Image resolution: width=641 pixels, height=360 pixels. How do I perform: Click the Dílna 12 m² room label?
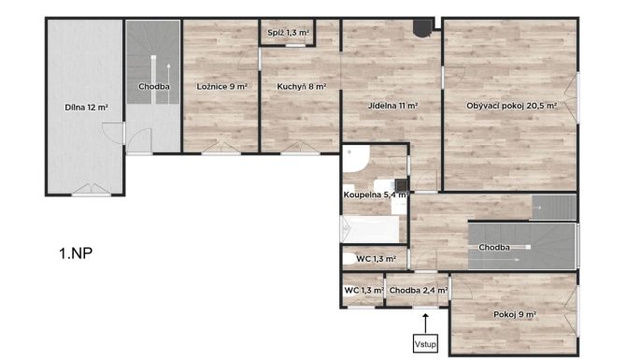tap(86, 108)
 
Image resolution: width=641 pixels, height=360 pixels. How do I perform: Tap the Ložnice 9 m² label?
tap(222, 87)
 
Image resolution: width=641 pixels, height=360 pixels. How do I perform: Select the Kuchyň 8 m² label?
tap(302, 87)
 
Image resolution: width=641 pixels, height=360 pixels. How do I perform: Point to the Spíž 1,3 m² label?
tap(288, 33)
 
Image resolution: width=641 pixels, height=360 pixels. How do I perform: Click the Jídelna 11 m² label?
tap(392, 106)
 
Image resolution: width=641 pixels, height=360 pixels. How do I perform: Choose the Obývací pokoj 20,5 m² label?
tap(511, 106)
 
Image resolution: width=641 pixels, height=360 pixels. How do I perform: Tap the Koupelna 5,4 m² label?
tap(376, 194)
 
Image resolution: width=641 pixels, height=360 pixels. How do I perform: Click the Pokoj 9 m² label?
tap(515, 314)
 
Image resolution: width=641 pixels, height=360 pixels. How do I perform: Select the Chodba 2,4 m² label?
tap(419, 291)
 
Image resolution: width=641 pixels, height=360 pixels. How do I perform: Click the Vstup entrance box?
tap(425, 344)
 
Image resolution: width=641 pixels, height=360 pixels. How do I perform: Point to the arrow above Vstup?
tap(425, 324)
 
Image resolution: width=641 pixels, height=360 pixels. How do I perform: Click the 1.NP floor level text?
tap(76, 253)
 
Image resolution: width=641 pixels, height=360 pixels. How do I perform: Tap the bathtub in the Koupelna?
tap(370, 229)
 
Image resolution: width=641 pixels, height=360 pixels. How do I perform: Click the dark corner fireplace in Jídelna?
tap(422, 28)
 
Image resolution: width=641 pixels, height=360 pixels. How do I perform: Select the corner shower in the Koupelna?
tap(356, 159)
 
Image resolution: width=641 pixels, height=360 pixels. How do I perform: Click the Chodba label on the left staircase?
tap(153, 87)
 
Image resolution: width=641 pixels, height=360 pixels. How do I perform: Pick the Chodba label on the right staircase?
tap(494, 248)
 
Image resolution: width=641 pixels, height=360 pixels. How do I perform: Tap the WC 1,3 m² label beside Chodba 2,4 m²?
tap(363, 291)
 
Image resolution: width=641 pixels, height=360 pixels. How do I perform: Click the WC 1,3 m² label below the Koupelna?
tap(376, 259)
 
